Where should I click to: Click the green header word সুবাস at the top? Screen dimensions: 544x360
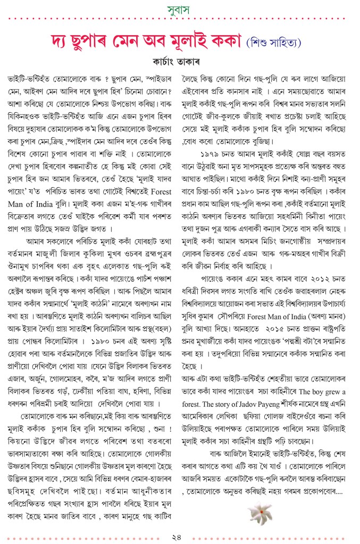(180, 10)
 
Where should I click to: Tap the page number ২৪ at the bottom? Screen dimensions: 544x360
(179, 534)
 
